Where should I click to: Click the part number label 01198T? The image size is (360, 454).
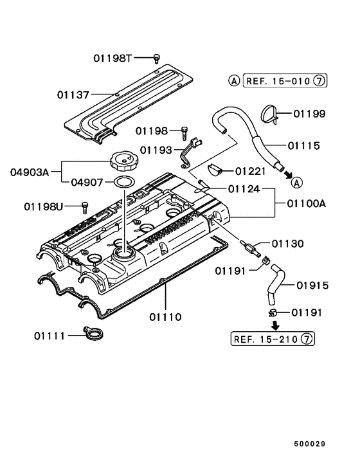113,59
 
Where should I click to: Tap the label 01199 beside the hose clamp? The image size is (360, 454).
309,114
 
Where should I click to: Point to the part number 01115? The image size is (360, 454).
304,146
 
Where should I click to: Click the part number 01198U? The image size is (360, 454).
44,206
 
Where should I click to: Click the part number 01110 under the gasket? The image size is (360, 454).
166,317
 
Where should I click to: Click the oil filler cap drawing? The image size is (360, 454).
124,159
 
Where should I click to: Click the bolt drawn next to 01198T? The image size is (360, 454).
156,59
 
